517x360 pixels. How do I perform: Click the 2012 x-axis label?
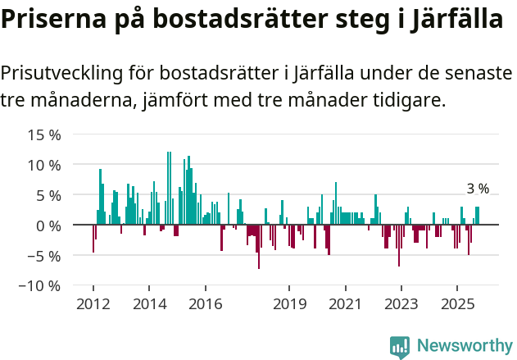(93, 304)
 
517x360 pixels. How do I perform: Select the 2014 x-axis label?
(149, 304)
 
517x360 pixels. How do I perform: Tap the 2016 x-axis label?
(205, 304)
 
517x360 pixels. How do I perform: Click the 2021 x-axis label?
(345, 304)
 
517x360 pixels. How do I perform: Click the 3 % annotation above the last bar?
(478, 189)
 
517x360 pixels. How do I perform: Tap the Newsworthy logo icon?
(400, 346)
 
